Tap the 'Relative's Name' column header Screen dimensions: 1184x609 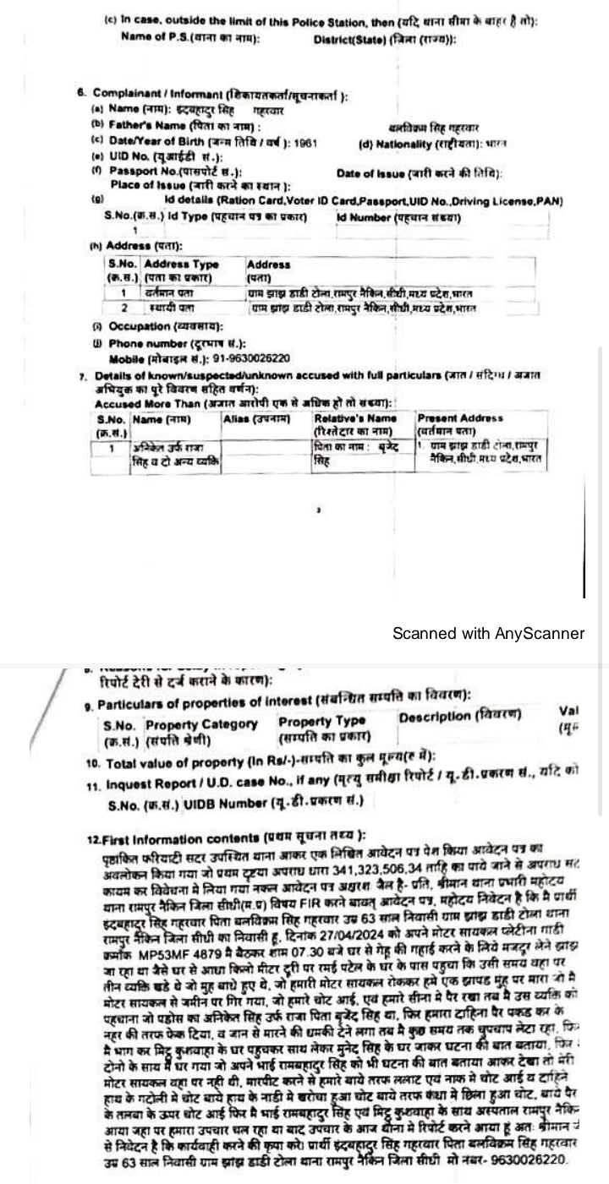tap(354, 418)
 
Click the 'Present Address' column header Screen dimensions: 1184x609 tap(459, 418)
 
